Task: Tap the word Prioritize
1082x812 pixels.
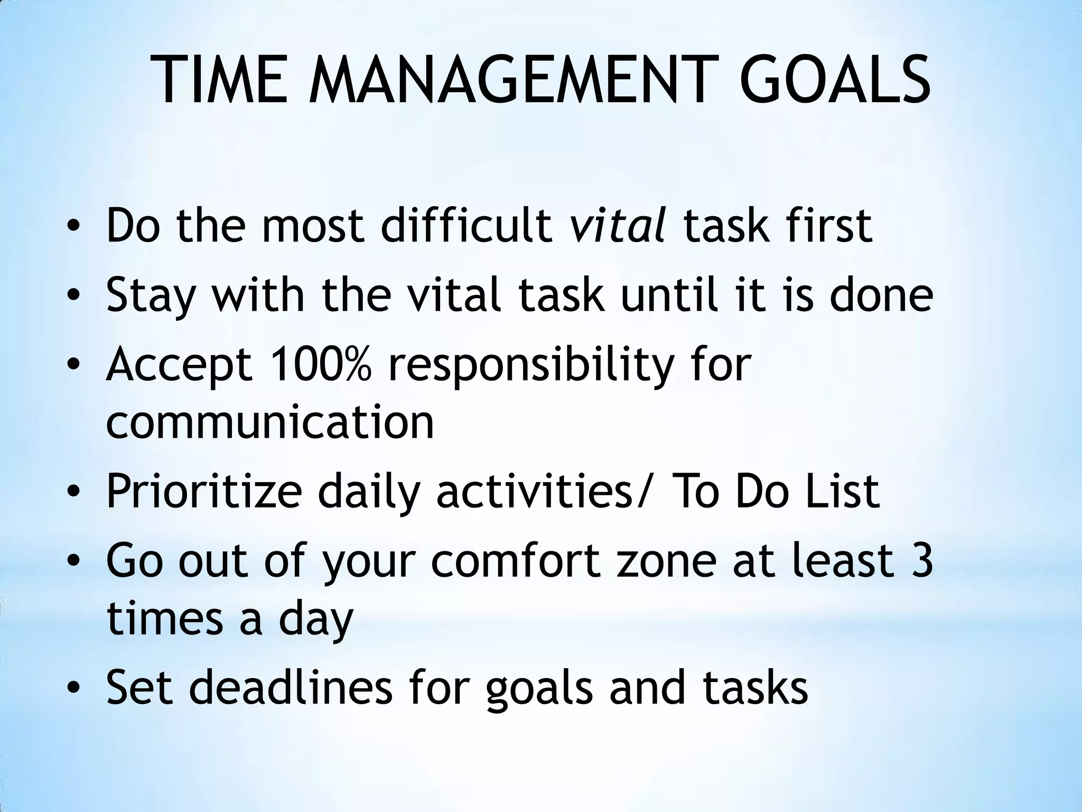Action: tap(204, 492)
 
